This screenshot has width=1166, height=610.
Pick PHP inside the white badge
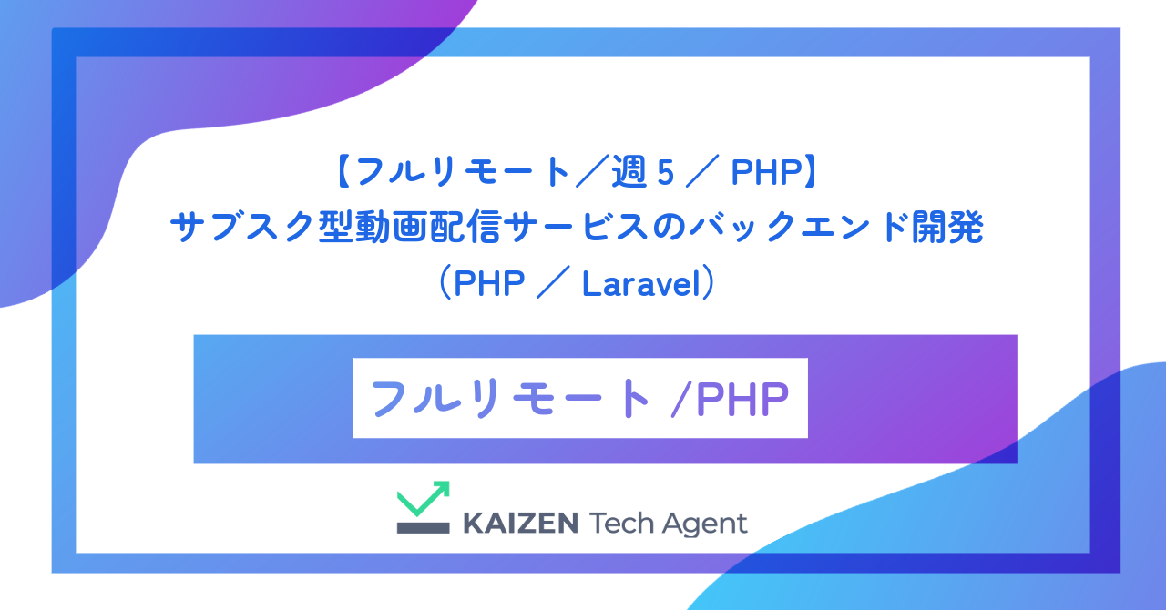coord(742,399)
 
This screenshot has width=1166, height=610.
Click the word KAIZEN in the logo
coord(520,523)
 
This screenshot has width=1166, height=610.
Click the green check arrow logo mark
coord(424,499)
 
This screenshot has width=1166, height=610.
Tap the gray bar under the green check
coord(423,527)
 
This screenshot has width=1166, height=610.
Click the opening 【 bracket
coord(343,172)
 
